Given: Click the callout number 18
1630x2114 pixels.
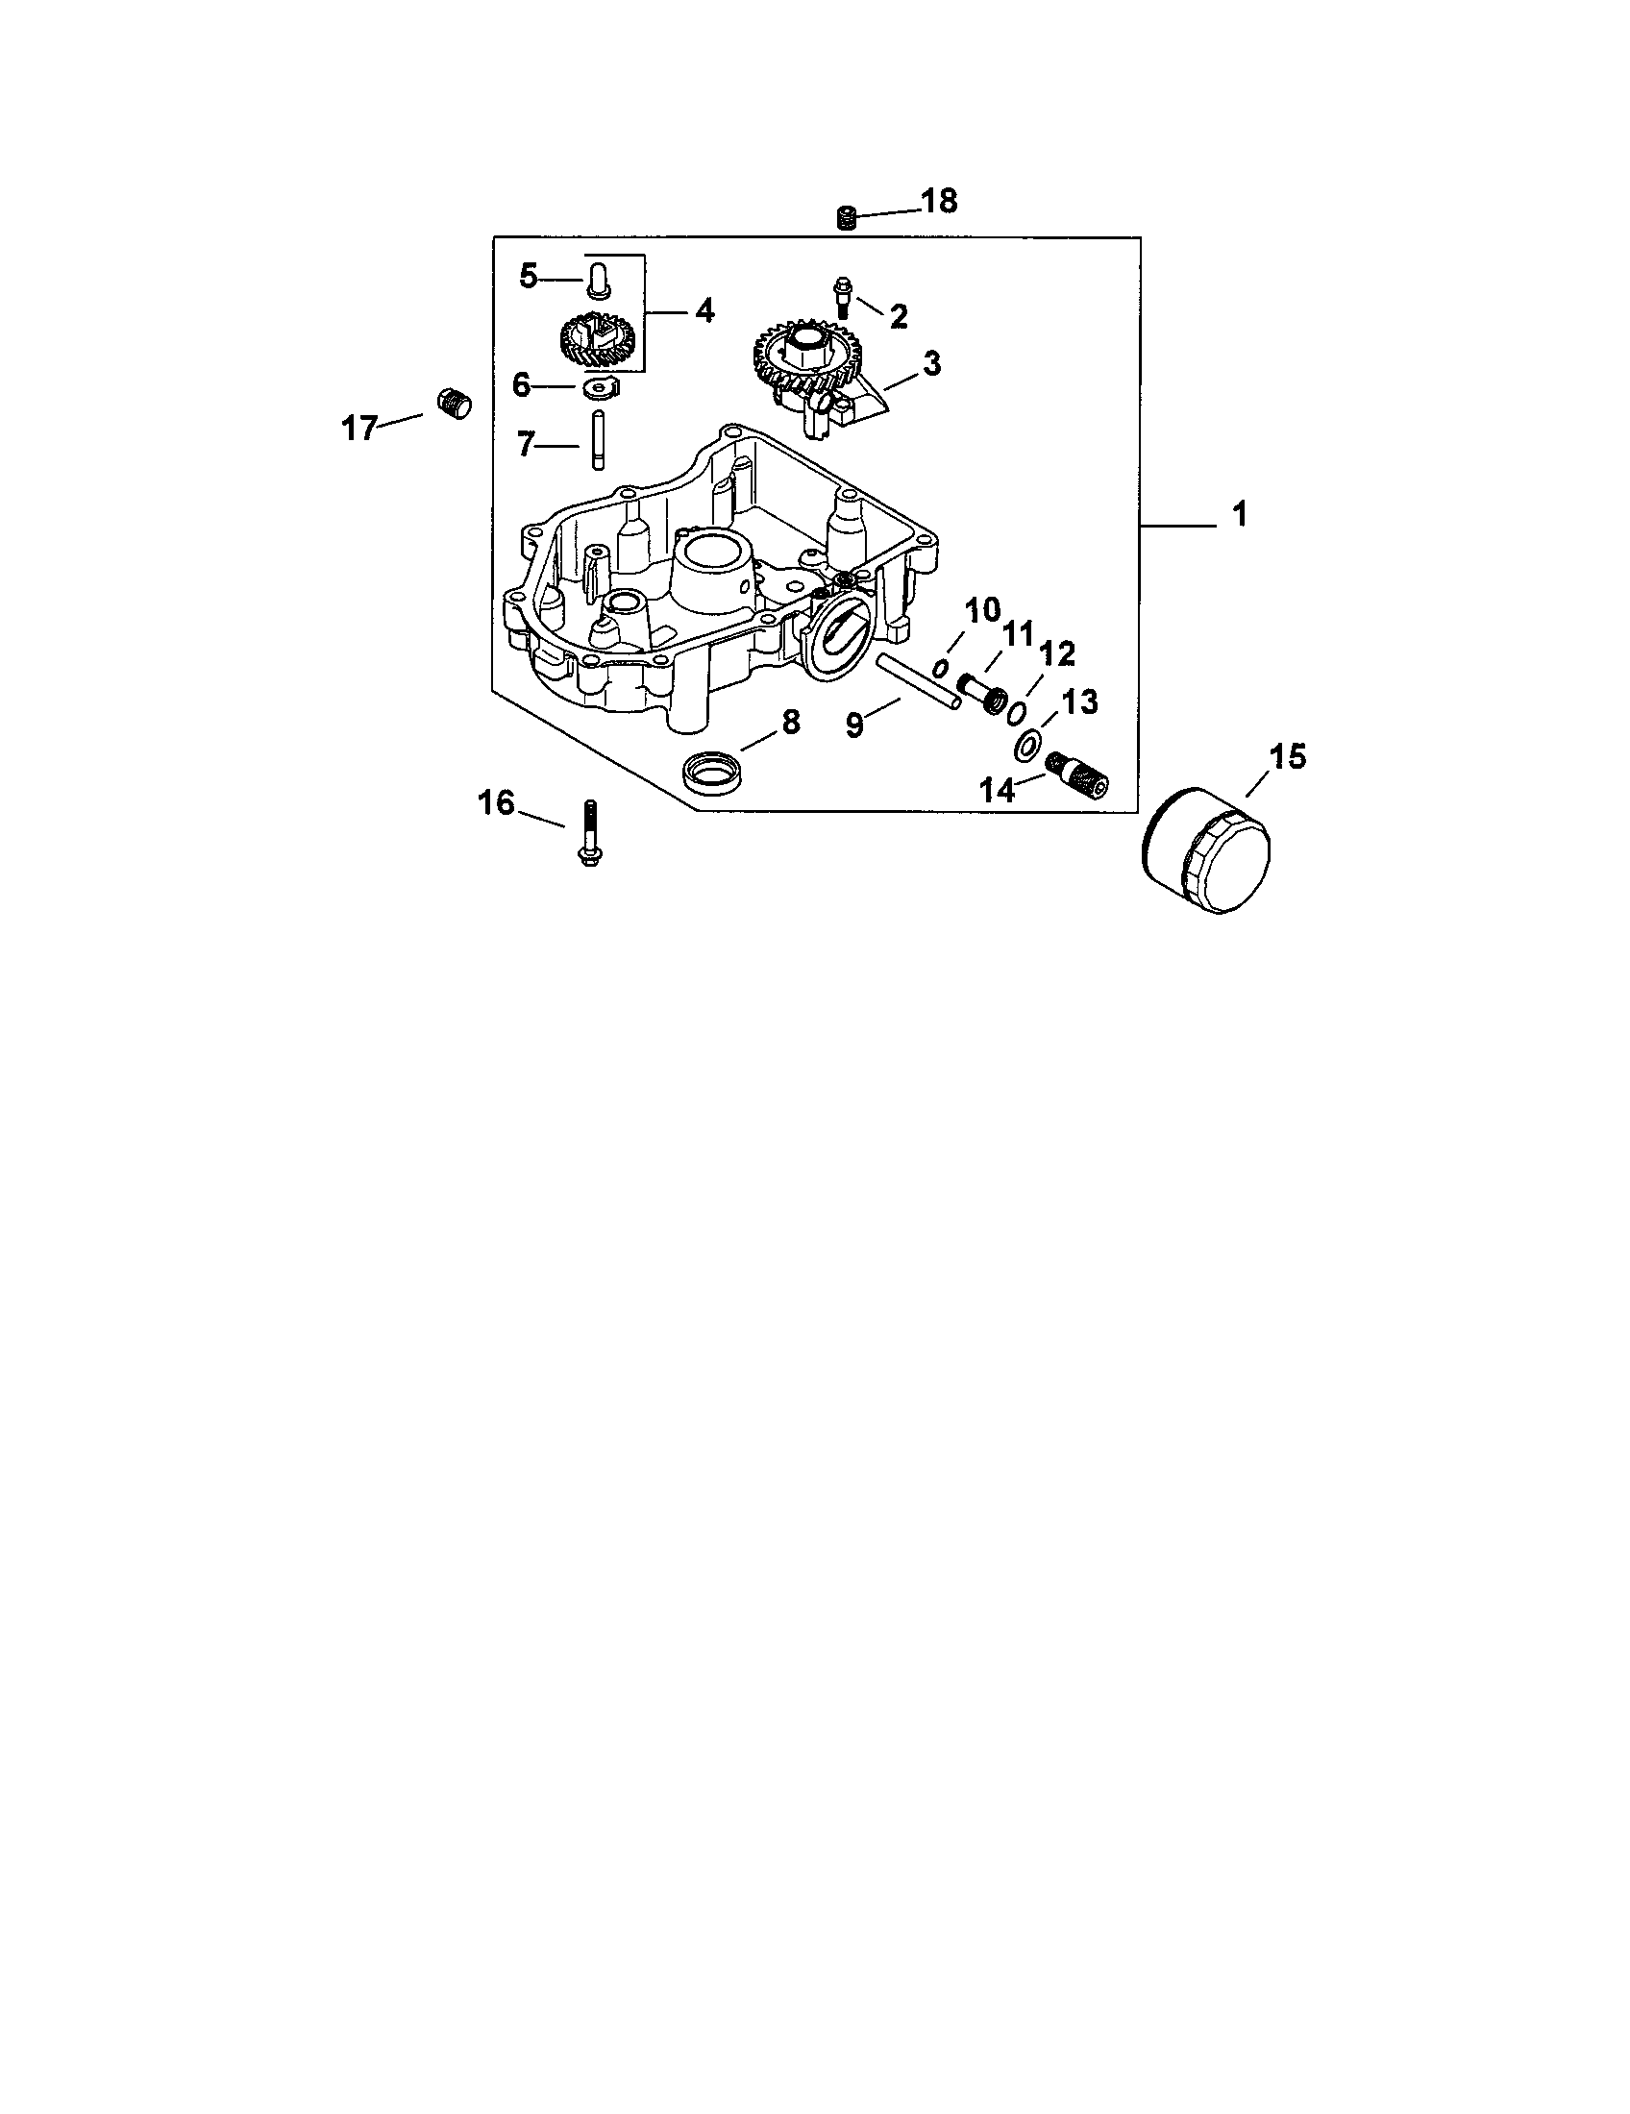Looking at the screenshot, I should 938,203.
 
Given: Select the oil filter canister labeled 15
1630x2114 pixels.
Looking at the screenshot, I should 1206,850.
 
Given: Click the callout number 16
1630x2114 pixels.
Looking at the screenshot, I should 497,802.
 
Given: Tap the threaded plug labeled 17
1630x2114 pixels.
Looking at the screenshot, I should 450,402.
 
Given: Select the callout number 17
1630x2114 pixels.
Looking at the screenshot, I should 359,427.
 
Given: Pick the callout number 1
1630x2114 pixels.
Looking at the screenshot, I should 1240,515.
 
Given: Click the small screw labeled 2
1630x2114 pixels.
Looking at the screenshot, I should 841,297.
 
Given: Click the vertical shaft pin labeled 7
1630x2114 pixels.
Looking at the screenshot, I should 596,440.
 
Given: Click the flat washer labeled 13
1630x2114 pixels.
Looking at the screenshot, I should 1028,746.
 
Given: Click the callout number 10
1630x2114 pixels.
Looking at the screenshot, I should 982,610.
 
